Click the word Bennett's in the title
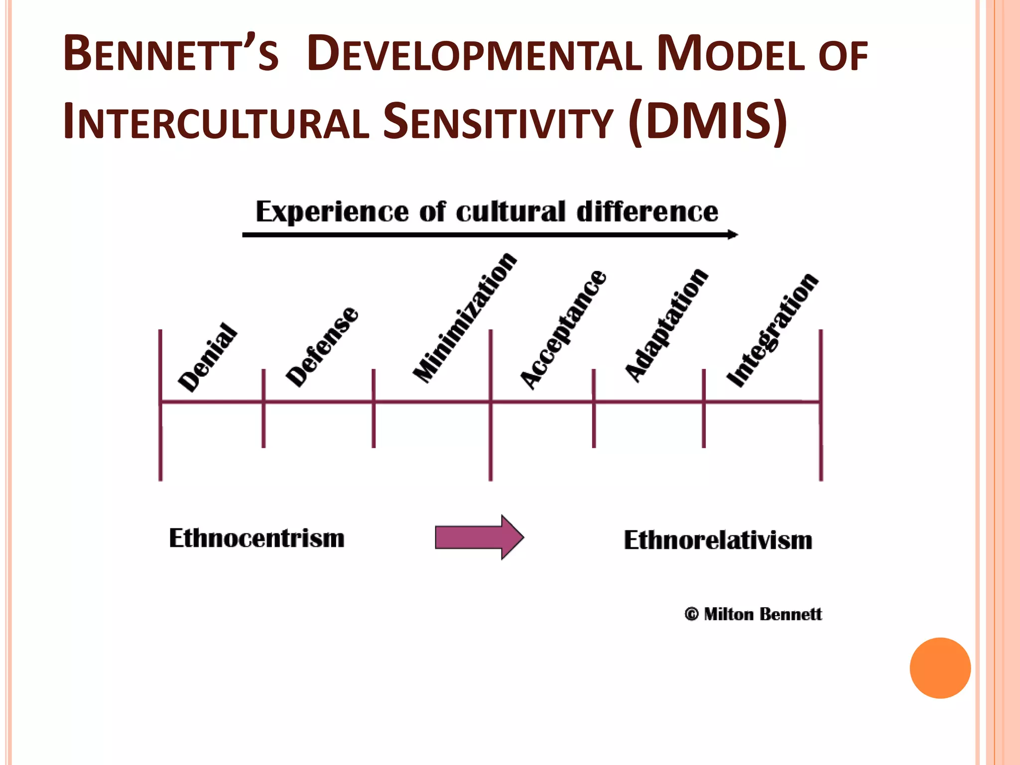171,53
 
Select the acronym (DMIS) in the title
708,121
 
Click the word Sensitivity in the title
498,121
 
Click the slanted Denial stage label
208,357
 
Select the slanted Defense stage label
322,346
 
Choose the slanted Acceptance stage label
563,329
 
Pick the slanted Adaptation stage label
666,325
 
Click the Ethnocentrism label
256,538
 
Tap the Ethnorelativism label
718,540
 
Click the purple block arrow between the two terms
479,537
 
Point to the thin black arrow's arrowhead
733,235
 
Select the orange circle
940,668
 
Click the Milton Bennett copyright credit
753,614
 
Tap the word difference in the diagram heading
647,212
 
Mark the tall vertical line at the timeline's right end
821,405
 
